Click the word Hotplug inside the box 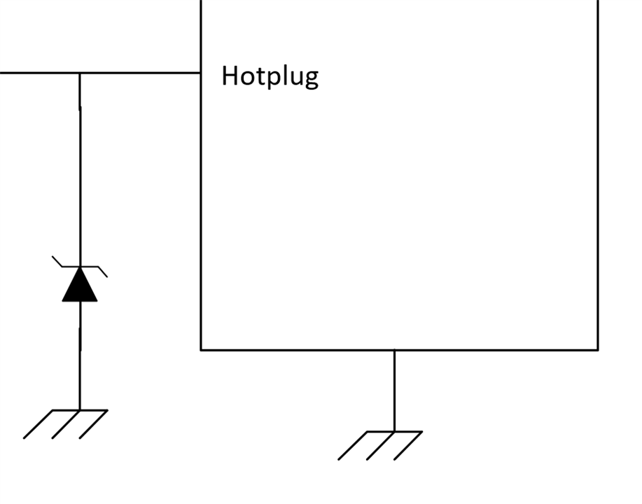(270, 76)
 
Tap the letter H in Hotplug (230, 75)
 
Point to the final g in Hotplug (310, 78)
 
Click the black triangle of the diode (80, 286)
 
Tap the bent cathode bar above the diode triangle (80, 266)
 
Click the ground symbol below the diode (65, 423)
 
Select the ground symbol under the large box (380, 444)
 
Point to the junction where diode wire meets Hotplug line (80, 72)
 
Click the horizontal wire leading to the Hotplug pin (140, 72)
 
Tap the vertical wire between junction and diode (80, 168)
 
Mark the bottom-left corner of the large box (201, 349)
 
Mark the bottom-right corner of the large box (598, 349)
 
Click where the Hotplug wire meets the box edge (201, 72)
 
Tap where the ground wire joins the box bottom (394, 349)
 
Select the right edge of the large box (598, 175)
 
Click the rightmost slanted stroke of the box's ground (407, 446)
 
